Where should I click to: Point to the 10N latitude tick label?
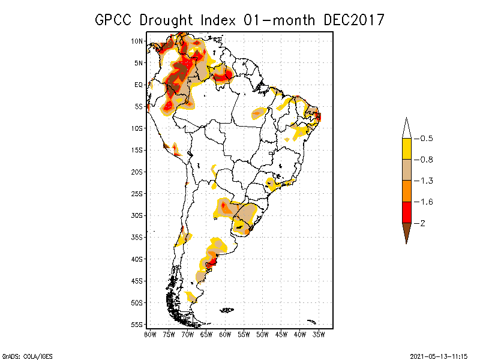[137, 41]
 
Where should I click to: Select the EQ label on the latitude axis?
[138, 85]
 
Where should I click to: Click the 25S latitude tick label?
[137, 193]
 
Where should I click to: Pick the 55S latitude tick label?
[137, 324]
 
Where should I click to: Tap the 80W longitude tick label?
[150, 334]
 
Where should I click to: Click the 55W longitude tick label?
[244, 334]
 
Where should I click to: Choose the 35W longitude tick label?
[319, 334]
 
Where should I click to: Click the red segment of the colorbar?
[406, 212]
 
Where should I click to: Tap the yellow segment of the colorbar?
[406, 149]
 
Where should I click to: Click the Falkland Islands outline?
[227, 310]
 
